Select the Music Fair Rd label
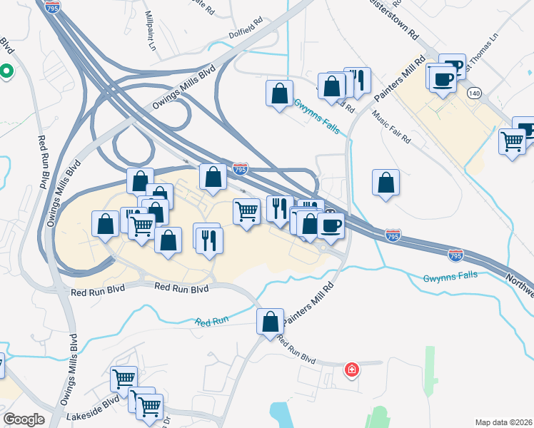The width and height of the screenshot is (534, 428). coord(391,128)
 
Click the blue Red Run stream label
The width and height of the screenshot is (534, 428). coord(211,322)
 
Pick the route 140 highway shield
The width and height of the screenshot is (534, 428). coord(474,93)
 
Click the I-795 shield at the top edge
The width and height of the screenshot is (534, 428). coord(52,8)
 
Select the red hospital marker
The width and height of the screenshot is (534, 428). coord(352,370)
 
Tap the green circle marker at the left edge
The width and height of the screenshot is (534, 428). coord(6,71)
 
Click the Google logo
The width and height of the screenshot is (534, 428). coord(24,419)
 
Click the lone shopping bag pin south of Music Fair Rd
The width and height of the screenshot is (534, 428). coord(386,183)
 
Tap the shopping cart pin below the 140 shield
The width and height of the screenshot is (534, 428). coord(512,142)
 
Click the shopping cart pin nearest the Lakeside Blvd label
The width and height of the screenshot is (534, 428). coord(125,378)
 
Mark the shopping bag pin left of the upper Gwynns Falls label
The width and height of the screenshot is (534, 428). coord(279,93)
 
